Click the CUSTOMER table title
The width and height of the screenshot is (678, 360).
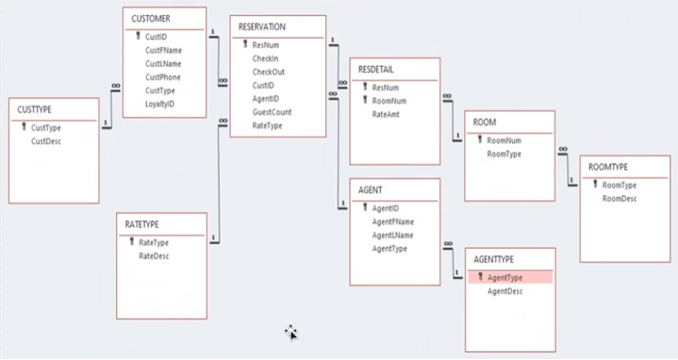(x=151, y=18)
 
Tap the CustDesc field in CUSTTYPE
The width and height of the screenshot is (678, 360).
(x=46, y=141)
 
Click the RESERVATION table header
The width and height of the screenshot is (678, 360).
(x=262, y=26)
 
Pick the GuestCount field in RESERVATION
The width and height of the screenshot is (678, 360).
(x=272, y=112)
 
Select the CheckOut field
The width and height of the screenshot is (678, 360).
(x=269, y=72)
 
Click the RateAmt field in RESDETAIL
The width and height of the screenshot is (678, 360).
(x=387, y=114)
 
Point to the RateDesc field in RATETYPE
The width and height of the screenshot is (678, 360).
(x=155, y=255)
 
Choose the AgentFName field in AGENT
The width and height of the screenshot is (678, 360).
(x=393, y=221)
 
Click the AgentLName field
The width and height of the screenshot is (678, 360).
(x=393, y=235)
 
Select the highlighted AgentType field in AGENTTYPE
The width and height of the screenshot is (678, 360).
(x=505, y=278)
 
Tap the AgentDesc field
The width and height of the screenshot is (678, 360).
(x=505, y=291)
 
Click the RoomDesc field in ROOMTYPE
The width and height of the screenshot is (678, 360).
(x=620, y=199)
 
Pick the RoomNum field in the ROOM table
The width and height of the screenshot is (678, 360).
(x=504, y=139)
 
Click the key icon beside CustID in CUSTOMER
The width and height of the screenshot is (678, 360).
(x=138, y=37)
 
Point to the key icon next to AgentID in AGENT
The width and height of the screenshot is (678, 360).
(x=364, y=207)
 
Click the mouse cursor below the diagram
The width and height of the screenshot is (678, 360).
(x=290, y=331)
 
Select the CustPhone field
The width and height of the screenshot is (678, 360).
(x=163, y=77)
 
